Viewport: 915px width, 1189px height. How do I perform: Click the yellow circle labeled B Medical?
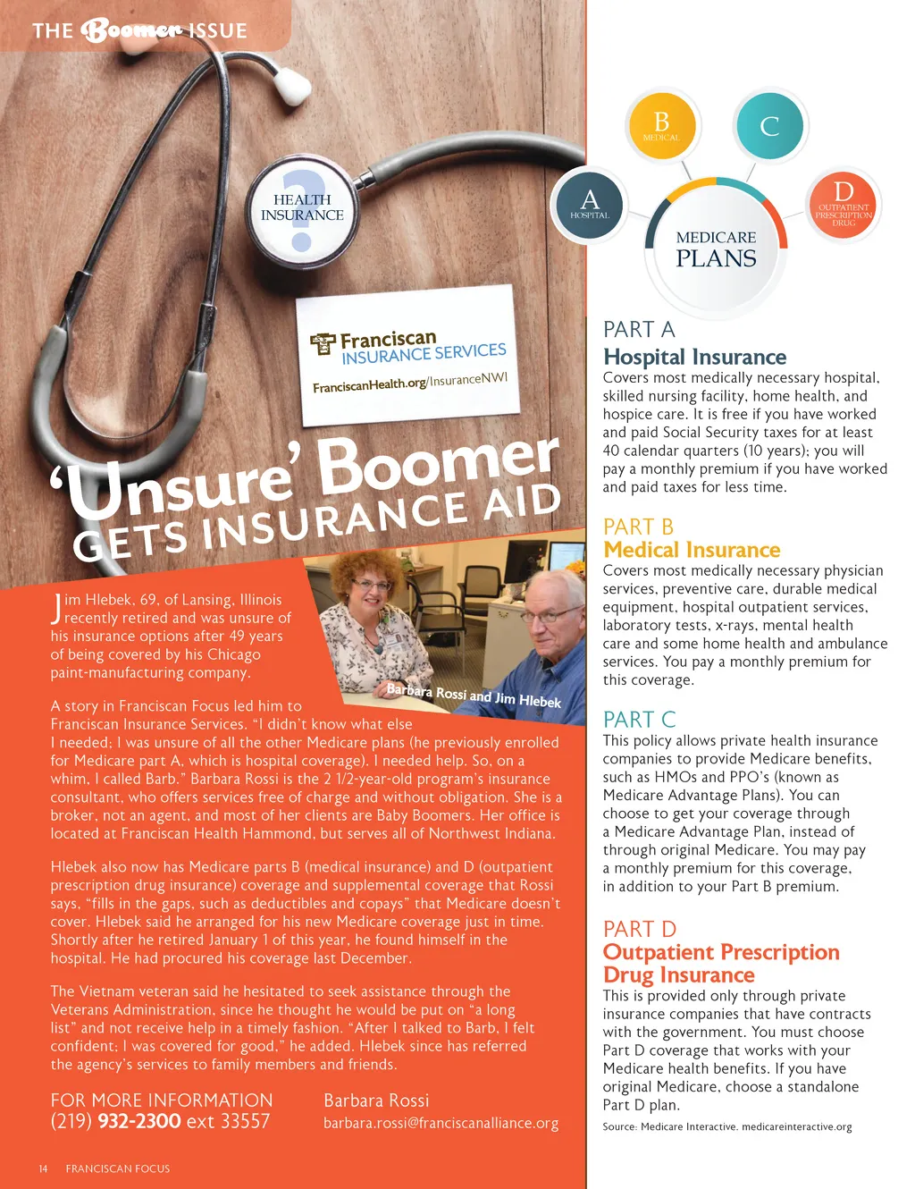(x=661, y=126)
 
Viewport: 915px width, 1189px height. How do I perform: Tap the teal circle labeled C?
(x=769, y=126)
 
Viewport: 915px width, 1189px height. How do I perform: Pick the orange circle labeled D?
(x=844, y=204)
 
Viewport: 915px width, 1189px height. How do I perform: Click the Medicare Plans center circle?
(x=716, y=249)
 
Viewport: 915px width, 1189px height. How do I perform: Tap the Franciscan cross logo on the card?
(x=323, y=344)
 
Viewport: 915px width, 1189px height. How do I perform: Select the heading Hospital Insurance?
(x=694, y=357)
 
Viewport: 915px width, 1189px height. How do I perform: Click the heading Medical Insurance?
(x=692, y=550)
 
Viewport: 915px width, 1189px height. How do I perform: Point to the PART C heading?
(x=639, y=720)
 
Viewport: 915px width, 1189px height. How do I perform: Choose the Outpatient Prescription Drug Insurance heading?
(x=720, y=963)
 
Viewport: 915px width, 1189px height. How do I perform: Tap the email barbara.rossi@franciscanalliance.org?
(x=441, y=1123)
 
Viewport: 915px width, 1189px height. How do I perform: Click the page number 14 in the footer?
(x=43, y=1168)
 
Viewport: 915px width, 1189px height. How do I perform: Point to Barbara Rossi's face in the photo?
(x=371, y=591)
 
